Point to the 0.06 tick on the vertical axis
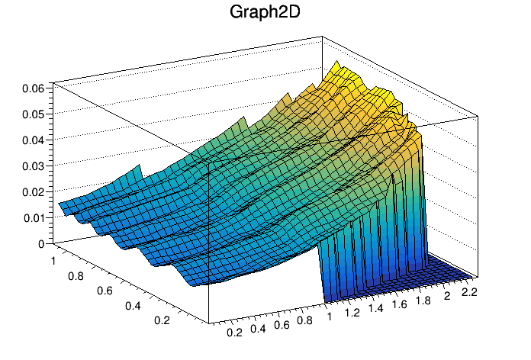pyautogui.click(x=34, y=88)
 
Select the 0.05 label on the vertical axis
pyautogui.click(x=34, y=114)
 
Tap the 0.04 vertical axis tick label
pyautogui.click(x=34, y=140)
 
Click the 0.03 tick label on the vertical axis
pyautogui.click(x=34, y=166)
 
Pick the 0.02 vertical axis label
pyautogui.click(x=34, y=191)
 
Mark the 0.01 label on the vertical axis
pyautogui.click(x=34, y=217)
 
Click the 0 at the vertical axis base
pyautogui.click(x=41, y=243)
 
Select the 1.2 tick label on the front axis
pyautogui.click(x=352, y=312)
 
